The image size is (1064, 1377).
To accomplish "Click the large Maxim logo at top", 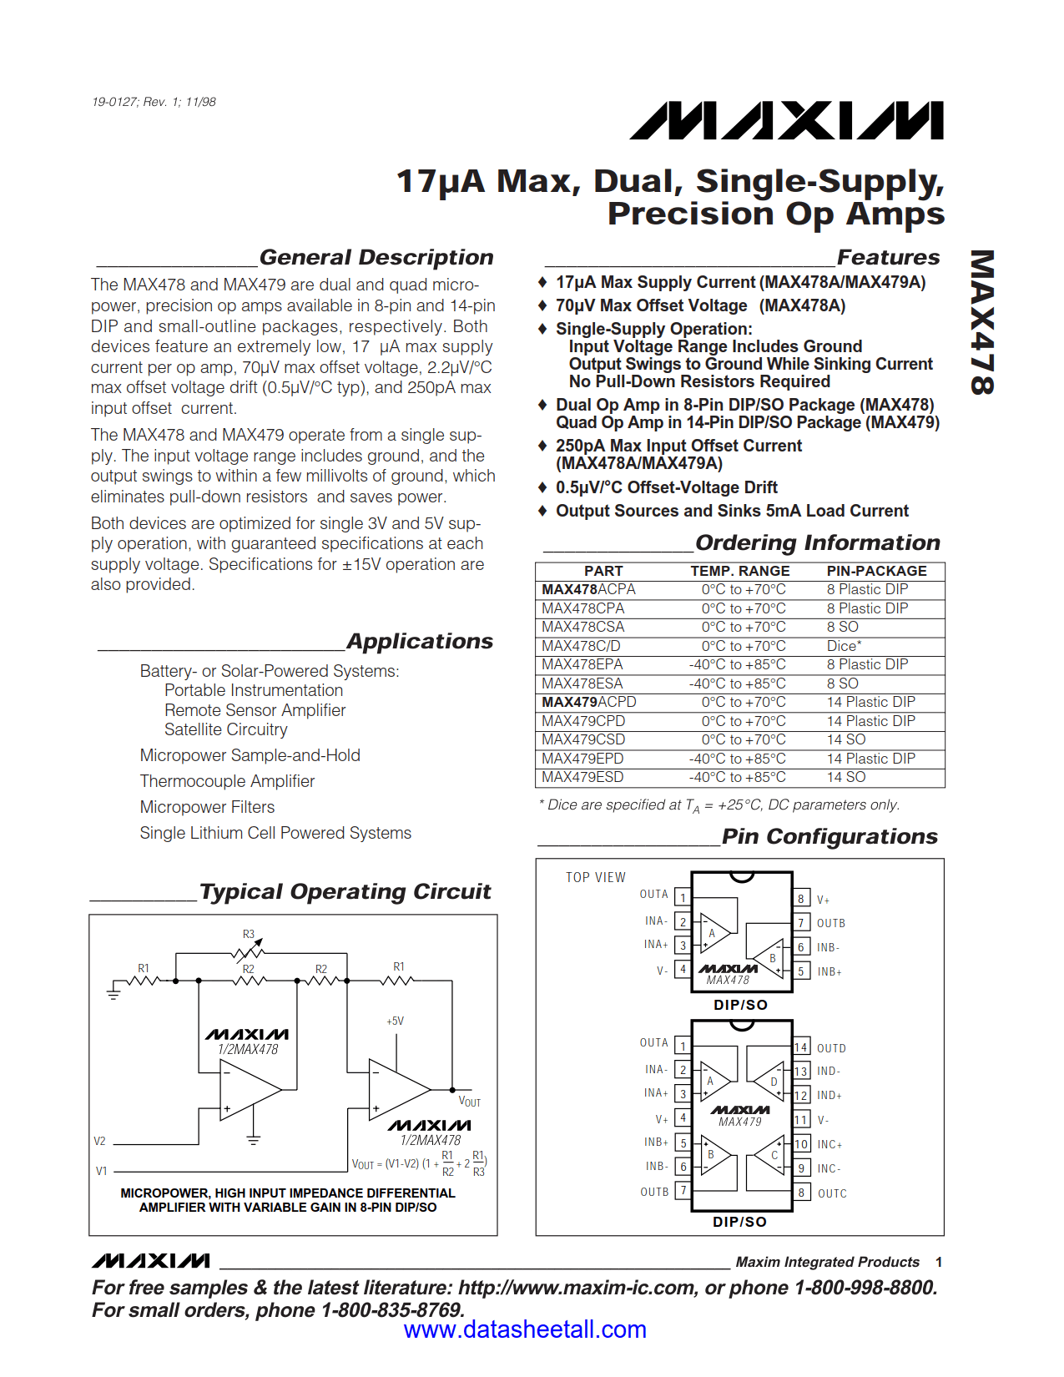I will pos(787,121).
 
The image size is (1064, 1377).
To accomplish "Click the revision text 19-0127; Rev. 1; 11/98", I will pos(154,102).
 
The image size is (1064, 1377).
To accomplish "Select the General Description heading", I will pos(376,257).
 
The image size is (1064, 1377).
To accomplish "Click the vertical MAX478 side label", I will pos(982,322).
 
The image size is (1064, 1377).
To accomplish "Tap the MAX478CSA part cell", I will pos(582,627).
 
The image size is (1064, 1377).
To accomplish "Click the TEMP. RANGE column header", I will pos(739,571).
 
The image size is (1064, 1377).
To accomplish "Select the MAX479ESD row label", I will pos(582,777).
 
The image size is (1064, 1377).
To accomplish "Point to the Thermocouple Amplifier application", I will pos(227,781).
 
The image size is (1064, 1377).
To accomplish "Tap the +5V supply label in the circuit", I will pos(395,1021).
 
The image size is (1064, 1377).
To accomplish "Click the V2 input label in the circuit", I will pos(99,1141).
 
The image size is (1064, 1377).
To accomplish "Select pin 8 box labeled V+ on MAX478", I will pos(801,899).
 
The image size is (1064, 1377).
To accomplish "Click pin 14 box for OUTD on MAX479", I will pos(801,1047).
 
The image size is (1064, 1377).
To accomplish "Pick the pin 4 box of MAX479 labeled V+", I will pos(683,1117).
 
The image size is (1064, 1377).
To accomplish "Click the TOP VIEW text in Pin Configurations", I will pos(595,877).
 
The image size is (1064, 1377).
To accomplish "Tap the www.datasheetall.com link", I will pos(525,1329).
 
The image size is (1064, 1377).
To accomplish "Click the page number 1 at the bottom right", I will pos(939,1262).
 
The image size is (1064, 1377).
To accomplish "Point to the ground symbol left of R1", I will pos(113,992).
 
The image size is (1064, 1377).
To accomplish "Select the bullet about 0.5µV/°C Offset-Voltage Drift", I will pos(666,487).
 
